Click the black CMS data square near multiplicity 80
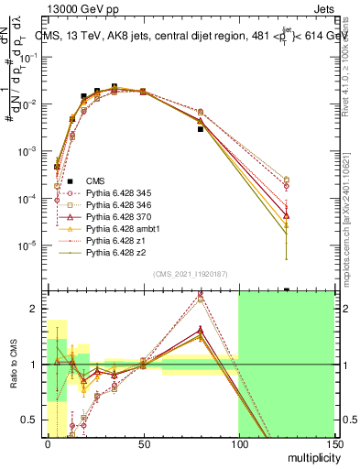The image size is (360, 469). click(x=200, y=129)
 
